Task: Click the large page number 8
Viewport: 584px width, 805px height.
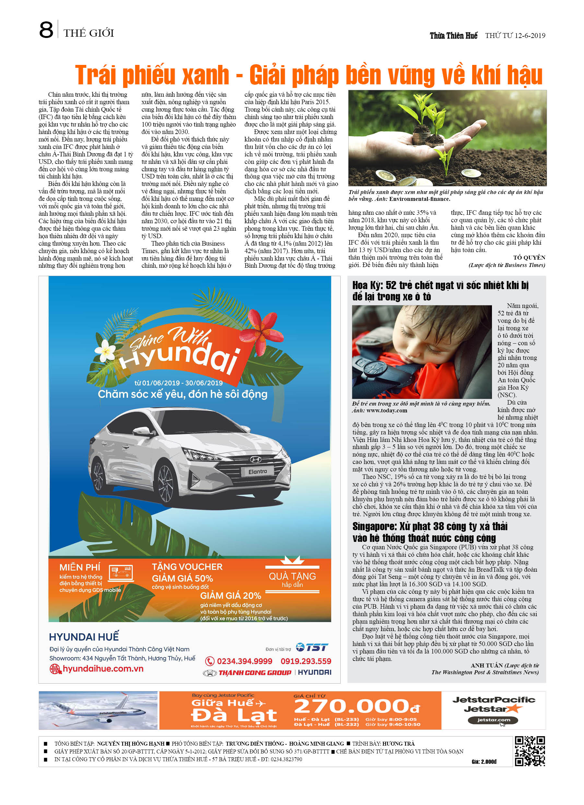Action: coord(46,30)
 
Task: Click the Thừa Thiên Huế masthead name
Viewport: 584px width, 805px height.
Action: coord(453,35)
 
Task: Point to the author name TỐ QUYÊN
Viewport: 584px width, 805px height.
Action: coord(529,257)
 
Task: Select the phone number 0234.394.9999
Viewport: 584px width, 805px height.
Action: coord(244,661)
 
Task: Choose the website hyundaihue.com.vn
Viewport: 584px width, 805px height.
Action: coord(103,669)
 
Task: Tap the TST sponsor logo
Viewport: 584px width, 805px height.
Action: coord(312,647)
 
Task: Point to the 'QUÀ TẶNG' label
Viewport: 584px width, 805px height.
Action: coord(292,576)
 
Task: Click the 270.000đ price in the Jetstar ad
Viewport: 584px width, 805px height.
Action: coord(357,706)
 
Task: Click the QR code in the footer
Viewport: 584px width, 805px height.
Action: coord(530,751)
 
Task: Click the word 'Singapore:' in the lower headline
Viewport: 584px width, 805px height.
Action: coord(375,526)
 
